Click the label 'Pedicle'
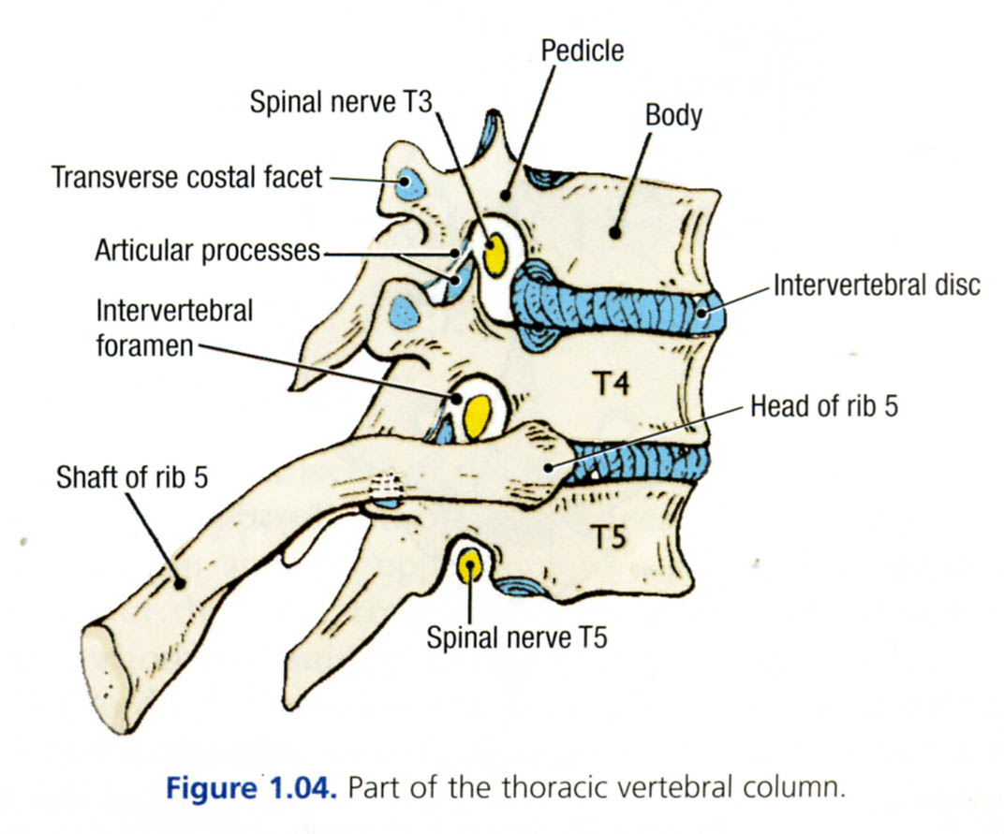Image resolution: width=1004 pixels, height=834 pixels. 582,50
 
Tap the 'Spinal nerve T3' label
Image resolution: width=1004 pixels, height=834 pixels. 341,102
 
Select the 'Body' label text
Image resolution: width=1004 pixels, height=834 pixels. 673,115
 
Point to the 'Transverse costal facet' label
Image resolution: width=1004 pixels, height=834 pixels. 186,176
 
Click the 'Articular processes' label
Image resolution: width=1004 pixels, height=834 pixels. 207,251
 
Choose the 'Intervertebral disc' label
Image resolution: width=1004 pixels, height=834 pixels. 877,285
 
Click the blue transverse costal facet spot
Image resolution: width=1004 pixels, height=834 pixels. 408,183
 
